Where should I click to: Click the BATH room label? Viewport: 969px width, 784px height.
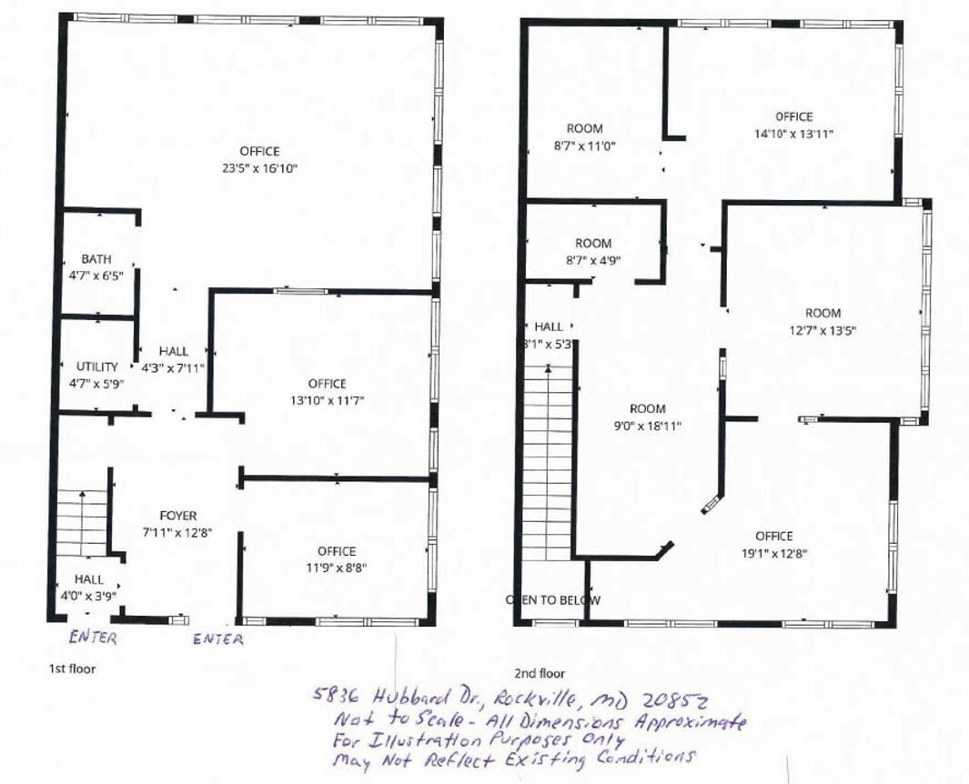click(x=96, y=259)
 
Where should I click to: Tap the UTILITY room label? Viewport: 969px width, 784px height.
click(x=96, y=367)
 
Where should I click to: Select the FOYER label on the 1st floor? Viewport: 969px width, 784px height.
click(x=177, y=516)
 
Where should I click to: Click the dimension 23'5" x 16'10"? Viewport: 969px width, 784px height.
click(x=259, y=168)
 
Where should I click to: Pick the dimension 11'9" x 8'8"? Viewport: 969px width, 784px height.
click(x=336, y=568)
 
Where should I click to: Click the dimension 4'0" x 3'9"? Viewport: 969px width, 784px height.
click(x=88, y=596)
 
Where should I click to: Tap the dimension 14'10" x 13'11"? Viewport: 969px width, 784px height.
click(x=793, y=134)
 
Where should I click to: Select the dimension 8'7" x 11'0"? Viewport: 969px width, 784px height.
click(x=584, y=146)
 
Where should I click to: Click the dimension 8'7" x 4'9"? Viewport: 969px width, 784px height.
click(x=593, y=260)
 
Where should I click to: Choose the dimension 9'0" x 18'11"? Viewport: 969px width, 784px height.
click(x=647, y=426)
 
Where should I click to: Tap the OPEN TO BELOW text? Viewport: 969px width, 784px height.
click(x=553, y=600)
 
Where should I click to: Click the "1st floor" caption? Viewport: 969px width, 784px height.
click(x=72, y=668)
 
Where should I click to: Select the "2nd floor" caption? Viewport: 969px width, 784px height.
click(x=540, y=674)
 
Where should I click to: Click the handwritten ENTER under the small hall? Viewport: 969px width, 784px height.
click(x=93, y=638)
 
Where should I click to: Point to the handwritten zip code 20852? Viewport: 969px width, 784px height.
click(x=676, y=701)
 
